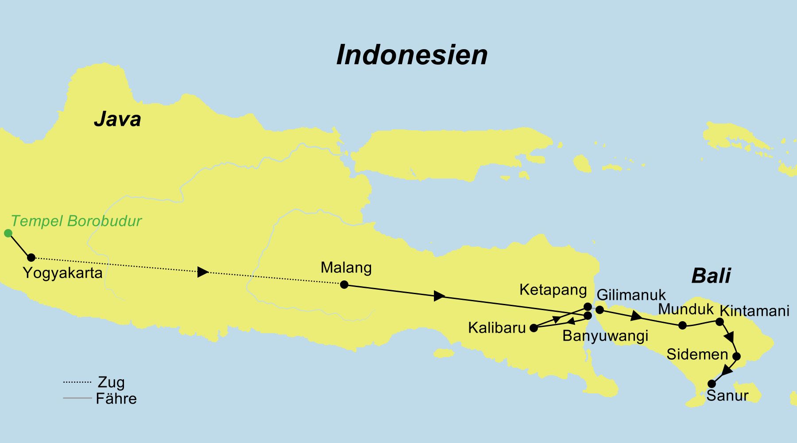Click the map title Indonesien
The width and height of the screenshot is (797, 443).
coord(412,55)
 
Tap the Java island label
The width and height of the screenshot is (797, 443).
coord(117,119)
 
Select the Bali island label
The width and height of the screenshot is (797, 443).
coord(711,276)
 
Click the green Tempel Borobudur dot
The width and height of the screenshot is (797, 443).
coord(8,233)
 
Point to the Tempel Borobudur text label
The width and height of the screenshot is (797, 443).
coord(76,221)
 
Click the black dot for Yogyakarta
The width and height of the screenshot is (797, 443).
coord(31,257)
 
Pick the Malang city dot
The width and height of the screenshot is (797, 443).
coord(344,284)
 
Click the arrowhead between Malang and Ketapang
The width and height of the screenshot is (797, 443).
coord(439,296)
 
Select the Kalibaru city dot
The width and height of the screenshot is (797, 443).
coord(534,328)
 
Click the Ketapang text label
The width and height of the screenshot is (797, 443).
coord(553,290)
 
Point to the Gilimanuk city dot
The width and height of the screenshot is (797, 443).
coord(600,310)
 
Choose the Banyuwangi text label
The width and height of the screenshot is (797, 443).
coord(605,336)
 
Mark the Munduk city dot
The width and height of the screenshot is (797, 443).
coord(683,325)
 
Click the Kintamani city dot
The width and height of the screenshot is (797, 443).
coord(720,322)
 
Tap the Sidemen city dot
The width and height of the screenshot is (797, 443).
coord(737,356)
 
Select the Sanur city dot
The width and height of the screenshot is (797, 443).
coord(712,384)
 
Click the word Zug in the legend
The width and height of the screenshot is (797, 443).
coord(111,382)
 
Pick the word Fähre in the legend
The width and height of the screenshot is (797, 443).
coord(116,399)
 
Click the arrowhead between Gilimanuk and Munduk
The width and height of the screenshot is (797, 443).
coord(637,316)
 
